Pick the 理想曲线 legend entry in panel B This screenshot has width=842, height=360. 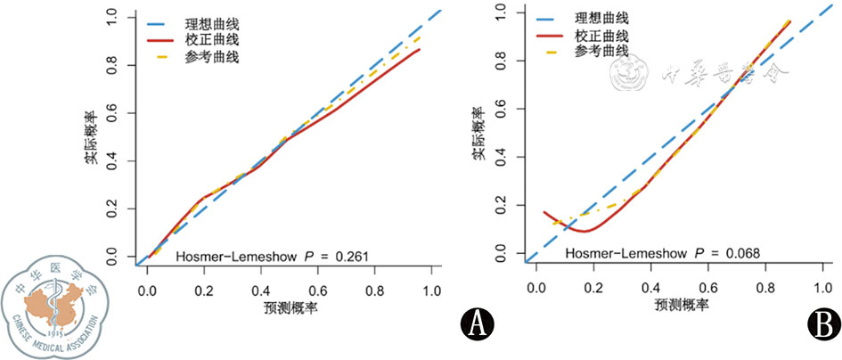click(602, 18)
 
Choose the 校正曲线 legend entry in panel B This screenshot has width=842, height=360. click(602, 36)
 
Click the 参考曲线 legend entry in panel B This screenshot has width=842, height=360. click(602, 53)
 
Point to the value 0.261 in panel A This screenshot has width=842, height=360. click(351, 257)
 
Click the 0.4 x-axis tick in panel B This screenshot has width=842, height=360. click(650, 289)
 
